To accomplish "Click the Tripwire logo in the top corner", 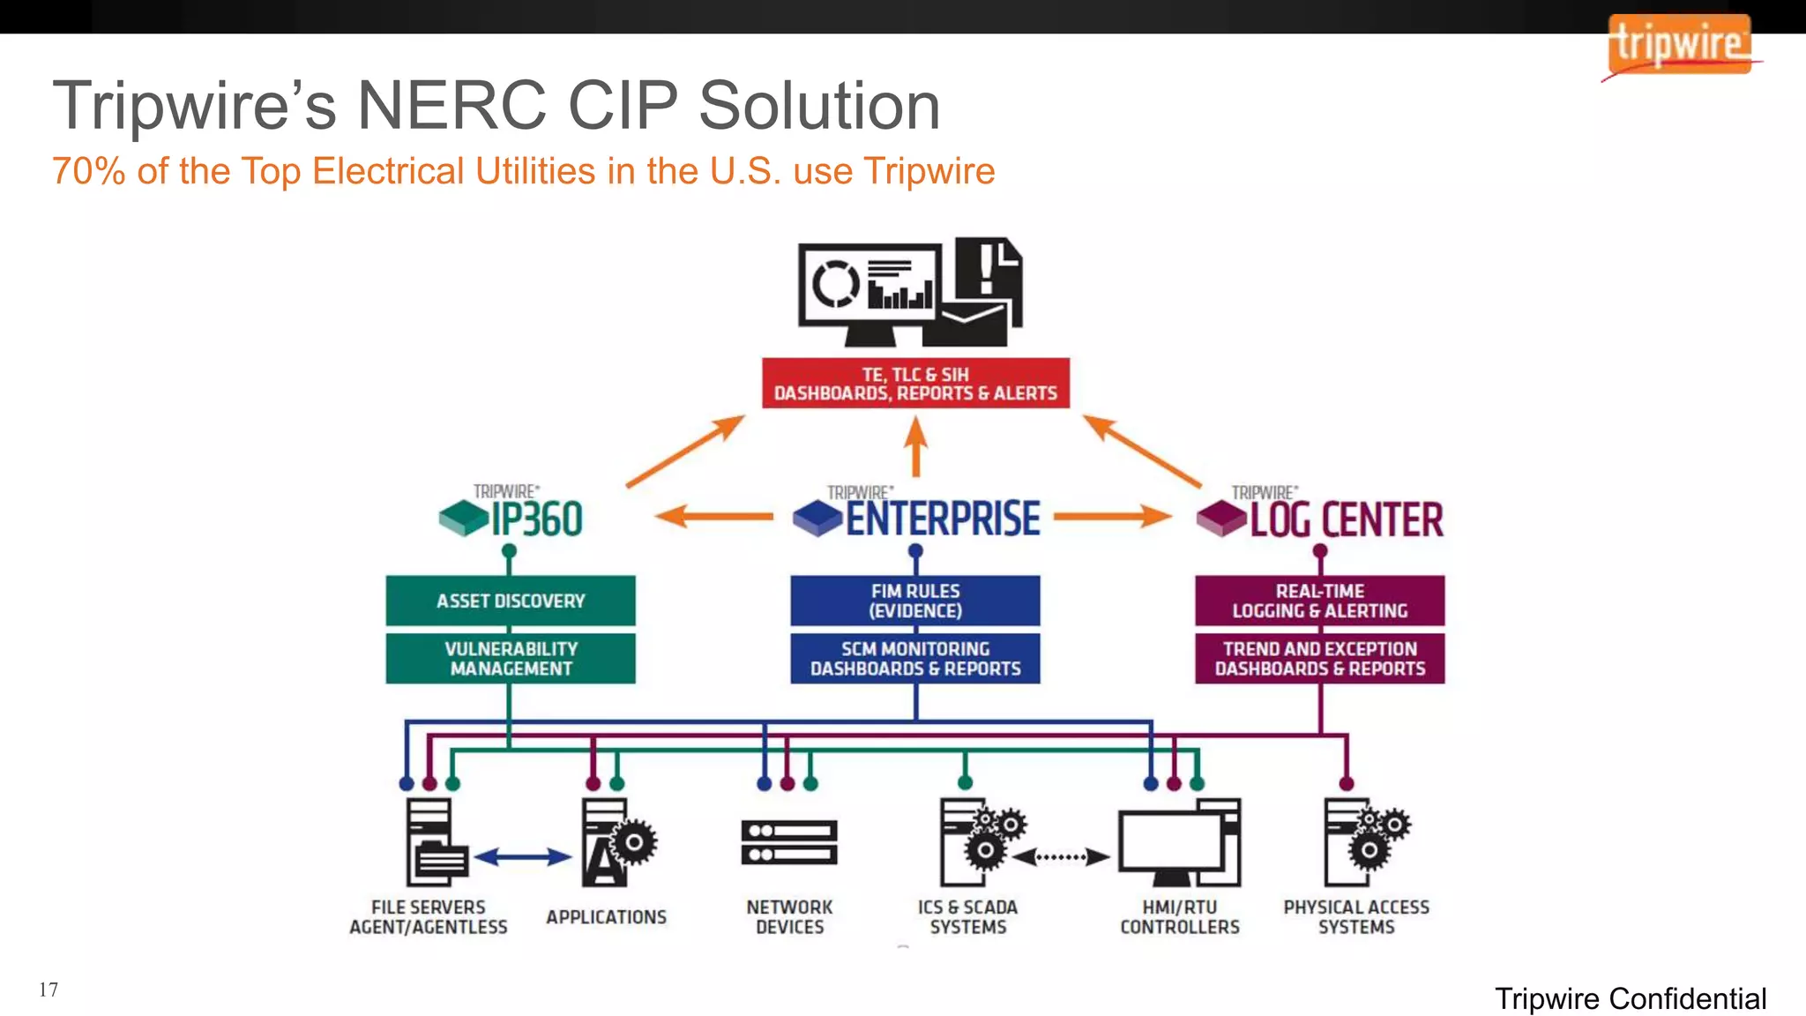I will pyautogui.click(x=1679, y=45).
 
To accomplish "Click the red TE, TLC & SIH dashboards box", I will pyautogui.click(x=915, y=384).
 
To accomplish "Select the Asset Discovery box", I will pyautogui.click(x=511, y=601).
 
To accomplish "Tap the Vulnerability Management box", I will pyautogui.click(x=511, y=659).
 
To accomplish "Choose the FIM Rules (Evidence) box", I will pyautogui.click(x=915, y=601).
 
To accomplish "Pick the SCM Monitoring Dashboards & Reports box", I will pyautogui.click(x=915, y=659).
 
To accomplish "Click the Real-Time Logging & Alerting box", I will pyautogui.click(x=1319, y=601).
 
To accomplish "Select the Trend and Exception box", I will pyautogui.click(x=1319, y=659).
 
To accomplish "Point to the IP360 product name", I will pyautogui.click(x=536, y=519).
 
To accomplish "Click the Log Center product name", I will pyautogui.click(x=1346, y=519).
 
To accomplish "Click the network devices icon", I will pyautogui.click(x=789, y=842).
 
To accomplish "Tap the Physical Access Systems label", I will pyautogui.click(x=1356, y=917).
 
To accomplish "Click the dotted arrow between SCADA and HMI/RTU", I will pyautogui.click(x=1061, y=856).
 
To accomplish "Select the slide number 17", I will pyautogui.click(x=49, y=990).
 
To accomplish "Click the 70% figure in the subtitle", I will pyautogui.click(x=88, y=171).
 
